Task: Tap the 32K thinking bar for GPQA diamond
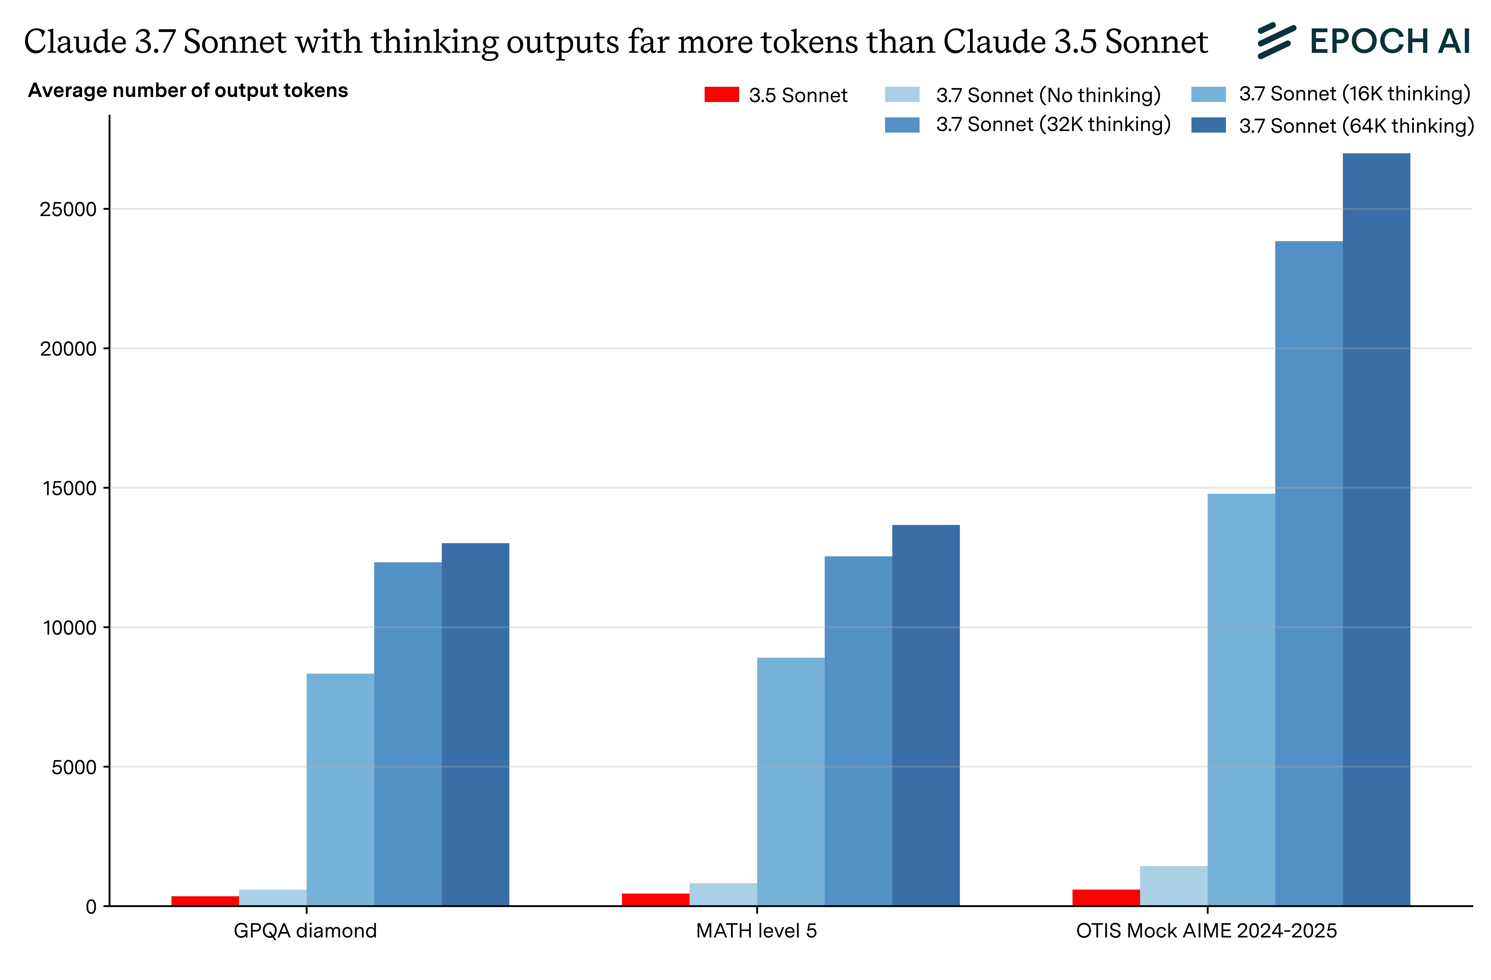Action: (408, 734)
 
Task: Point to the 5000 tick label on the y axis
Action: (74, 767)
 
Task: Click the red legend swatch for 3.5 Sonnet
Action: (721, 95)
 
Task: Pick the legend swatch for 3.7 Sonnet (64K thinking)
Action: (1208, 125)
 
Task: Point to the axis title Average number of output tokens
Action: (188, 91)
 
